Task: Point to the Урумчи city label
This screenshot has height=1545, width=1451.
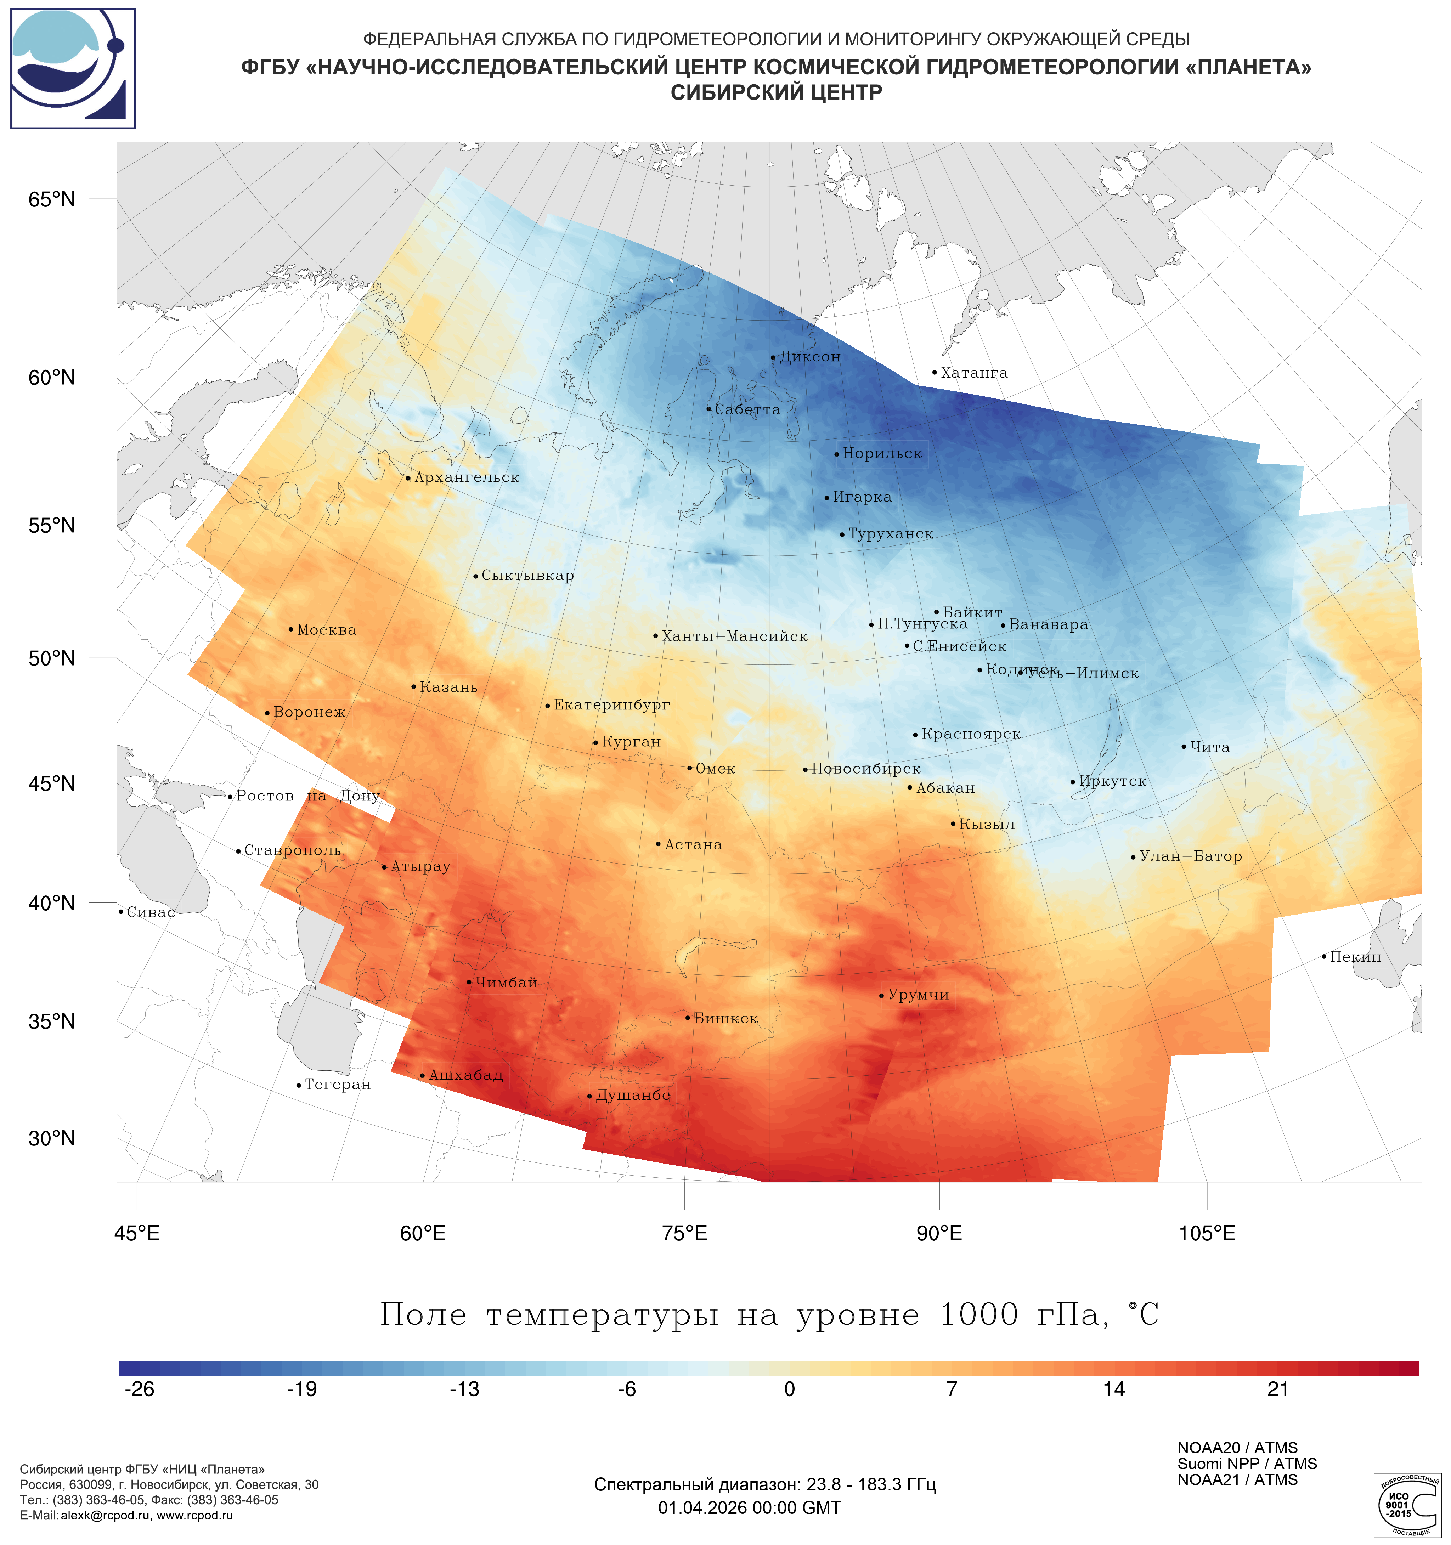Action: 918,995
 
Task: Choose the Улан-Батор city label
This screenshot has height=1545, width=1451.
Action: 1190,856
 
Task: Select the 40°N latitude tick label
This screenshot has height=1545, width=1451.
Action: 52,903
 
